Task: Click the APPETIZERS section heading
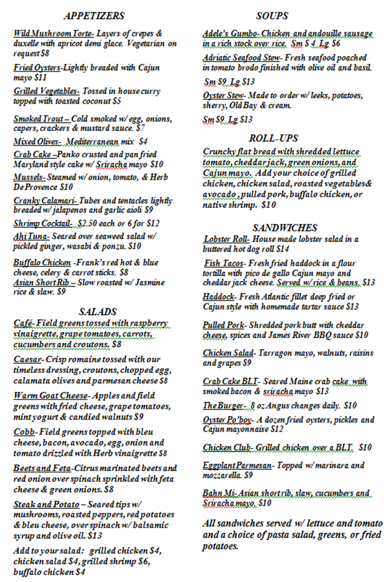94,16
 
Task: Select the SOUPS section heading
272,16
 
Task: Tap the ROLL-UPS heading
272,138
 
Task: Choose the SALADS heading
97,311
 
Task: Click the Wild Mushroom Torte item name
52,33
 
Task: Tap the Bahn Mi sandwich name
219,492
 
